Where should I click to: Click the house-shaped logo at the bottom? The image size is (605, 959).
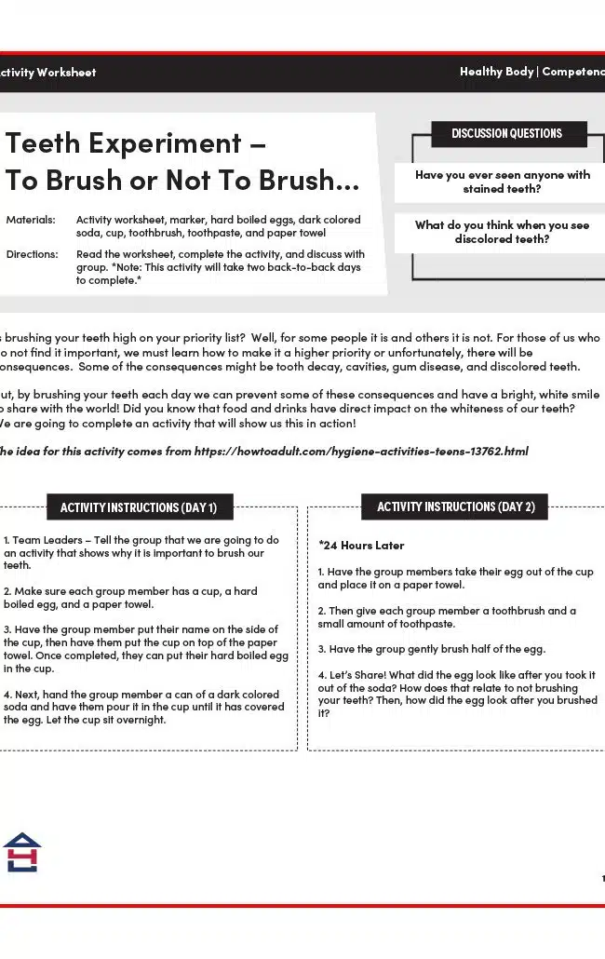pyautogui.click(x=21, y=852)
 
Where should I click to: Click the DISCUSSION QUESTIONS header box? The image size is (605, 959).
pyautogui.click(x=507, y=133)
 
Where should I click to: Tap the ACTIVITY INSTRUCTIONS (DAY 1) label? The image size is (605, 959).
pyautogui.click(x=139, y=507)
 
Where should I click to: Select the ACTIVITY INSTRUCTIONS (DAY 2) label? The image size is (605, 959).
pyautogui.click(x=455, y=507)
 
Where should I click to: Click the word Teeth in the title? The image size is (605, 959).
pyautogui.click(x=47, y=143)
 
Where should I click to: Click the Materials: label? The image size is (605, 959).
pyautogui.click(x=31, y=220)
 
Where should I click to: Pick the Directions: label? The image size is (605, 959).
pyautogui.click(x=32, y=254)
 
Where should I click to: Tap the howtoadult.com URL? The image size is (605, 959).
pyautogui.click(x=361, y=451)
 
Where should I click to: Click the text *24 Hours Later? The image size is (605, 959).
pyautogui.click(x=361, y=545)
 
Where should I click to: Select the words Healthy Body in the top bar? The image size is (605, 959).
pyautogui.click(x=496, y=72)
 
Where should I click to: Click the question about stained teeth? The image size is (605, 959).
pyautogui.click(x=503, y=182)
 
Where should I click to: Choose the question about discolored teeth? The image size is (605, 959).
pyautogui.click(x=503, y=232)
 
